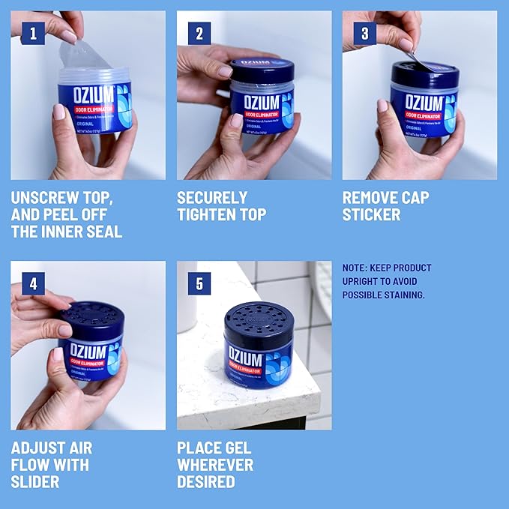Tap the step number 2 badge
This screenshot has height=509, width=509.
click(x=199, y=34)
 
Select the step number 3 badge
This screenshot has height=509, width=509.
click(x=365, y=34)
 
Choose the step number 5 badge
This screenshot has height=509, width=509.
click(x=199, y=284)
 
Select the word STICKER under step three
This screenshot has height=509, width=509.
click(x=372, y=215)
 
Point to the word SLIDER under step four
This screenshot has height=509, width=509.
click(x=35, y=482)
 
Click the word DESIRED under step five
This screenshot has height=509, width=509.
click(x=206, y=482)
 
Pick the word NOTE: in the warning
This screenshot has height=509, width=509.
click(x=355, y=268)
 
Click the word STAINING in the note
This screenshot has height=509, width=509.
click(x=401, y=295)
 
